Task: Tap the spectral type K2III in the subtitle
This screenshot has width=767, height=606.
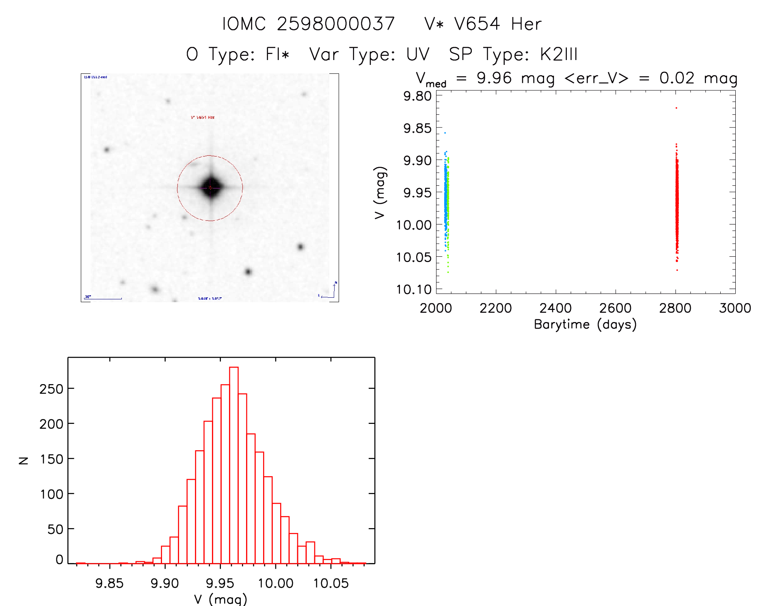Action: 558,54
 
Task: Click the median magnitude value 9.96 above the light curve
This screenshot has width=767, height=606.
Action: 494,78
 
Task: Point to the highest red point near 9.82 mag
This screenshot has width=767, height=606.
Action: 676,108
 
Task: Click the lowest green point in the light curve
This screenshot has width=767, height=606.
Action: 448,272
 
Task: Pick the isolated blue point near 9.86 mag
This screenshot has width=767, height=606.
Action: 445,133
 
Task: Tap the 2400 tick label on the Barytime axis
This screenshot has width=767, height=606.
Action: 555,308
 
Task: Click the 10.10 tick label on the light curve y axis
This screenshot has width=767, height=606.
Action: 414,289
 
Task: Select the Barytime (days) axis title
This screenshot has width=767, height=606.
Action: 585,324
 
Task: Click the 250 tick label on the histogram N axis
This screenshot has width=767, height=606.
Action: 51,389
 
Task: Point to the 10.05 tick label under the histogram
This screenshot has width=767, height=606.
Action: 331,583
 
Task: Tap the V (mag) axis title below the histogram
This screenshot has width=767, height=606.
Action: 220,599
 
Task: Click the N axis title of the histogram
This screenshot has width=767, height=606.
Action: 24,460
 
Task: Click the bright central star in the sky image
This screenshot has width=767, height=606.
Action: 210,187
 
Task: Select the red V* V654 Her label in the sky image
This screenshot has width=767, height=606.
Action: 203,117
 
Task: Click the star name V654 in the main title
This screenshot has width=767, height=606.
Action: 477,24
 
